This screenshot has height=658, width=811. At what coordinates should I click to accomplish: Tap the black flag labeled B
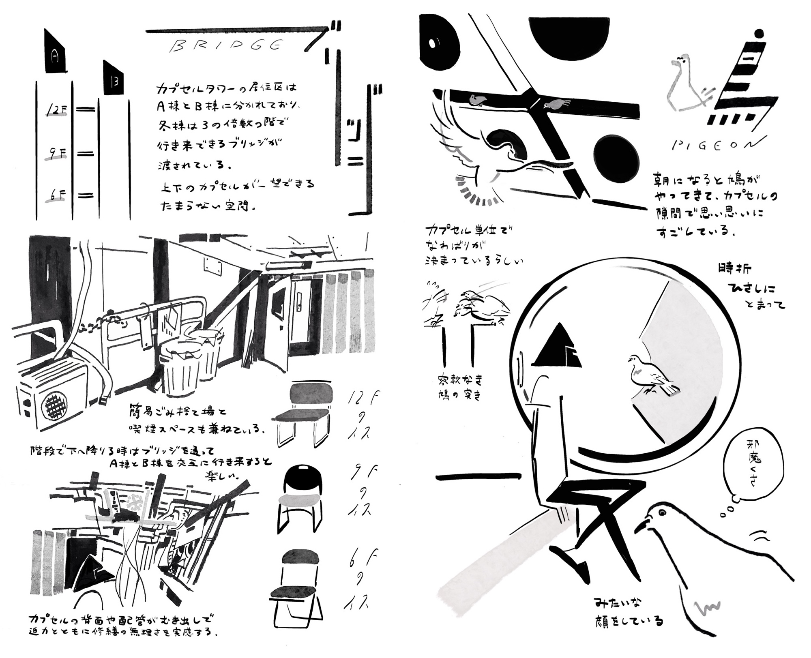click(114, 80)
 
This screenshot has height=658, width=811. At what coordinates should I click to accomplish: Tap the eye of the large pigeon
click(663, 512)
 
